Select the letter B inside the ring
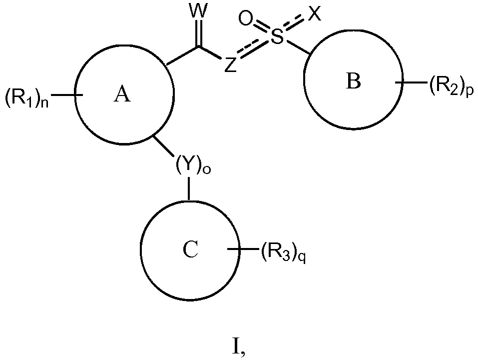pyautogui.click(x=354, y=81)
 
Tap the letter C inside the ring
pyautogui.click(x=190, y=249)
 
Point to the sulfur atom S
pyautogui.click(x=277, y=36)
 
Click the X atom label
pyautogui.click(x=315, y=13)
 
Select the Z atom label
pyautogui.click(x=230, y=65)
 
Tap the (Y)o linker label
pyautogui.click(x=193, y=166)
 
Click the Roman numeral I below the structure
pyautogui.click(x=239, y=348)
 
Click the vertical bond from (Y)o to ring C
pyautogui.click(x=189, y=188)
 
